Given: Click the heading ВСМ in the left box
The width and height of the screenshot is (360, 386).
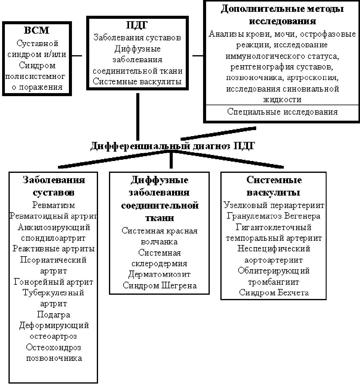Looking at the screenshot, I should tap(36, 30).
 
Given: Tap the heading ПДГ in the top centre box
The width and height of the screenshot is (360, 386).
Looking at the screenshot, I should tap(137, 25).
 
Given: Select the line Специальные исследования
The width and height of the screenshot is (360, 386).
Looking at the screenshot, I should tap(282, 112).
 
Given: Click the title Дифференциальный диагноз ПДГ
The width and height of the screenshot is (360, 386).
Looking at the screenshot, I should tap(172, 146).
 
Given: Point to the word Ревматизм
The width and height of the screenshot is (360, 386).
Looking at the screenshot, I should tap(53, 205).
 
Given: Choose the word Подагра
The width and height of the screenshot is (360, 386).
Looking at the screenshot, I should tap(53, 314).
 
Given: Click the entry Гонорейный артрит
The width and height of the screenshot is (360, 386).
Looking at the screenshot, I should tap(53, 282).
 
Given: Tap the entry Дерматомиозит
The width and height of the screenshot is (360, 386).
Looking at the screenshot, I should tap(159, 274).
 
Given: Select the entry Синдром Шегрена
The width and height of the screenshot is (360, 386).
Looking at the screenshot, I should tap(160, 286).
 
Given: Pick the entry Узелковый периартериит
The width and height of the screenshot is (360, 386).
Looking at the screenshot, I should tap(274, 205).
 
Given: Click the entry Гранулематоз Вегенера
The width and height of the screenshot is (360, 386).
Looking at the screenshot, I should tap(273, 216).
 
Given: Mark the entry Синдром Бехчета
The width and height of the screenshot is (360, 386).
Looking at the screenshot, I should tap(274, 293).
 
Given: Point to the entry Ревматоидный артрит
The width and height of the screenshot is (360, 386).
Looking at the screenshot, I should tap(53, 216).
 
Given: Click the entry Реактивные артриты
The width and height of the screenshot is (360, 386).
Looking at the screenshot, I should tap(53, 249).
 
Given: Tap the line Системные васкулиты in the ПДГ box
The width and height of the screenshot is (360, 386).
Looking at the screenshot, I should tap(137, 82).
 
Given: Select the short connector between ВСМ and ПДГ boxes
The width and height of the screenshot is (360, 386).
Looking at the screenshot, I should tap(77, 56).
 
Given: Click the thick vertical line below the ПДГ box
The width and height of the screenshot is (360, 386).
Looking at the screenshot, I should tap(138, 117).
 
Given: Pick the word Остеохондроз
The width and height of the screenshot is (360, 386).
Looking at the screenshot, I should tap(53, 347).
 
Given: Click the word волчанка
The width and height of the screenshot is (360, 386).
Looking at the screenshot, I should tap(159, 242).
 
